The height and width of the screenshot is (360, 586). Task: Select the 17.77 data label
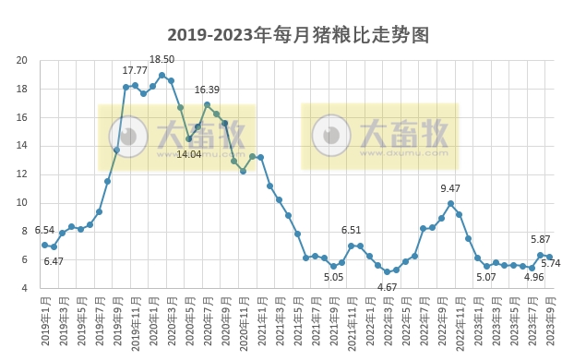click(x=135, y=70)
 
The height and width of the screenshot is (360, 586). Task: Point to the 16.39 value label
click(x=207, y=90)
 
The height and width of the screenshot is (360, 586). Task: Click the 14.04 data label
click(x=188, y=154)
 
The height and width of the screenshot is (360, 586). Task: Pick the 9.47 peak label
click(x=450, y=189)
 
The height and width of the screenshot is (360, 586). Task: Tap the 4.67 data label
click(x=387, y=286)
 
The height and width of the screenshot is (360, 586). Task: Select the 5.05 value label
click(x=333, y=277)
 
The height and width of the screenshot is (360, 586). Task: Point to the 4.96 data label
click(x=532, y=277)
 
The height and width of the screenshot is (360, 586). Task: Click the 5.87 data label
click(x=542, y=240)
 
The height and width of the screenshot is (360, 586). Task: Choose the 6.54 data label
click(x=44, y=230)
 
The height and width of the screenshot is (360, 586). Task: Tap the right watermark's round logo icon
click(x=330, y=137)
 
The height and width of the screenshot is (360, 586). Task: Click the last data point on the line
click(x=550, y=257)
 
